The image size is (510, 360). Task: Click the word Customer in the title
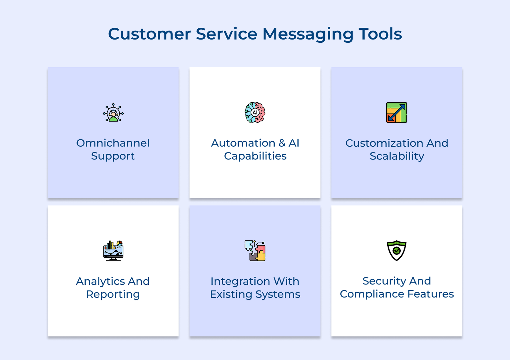(x=149, y=34)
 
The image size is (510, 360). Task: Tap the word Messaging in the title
(x=308, y=34)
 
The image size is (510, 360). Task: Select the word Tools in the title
(x=380, y=34)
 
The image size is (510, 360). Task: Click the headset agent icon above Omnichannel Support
(x=113, y=113)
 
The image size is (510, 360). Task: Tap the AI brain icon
(x=255, y=113)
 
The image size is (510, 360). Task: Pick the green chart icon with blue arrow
(x=397, y=113)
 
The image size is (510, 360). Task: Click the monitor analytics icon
(x=113, y=251)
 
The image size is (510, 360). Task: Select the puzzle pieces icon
(x=255, y=251)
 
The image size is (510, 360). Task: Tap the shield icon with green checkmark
(x=397, y=251)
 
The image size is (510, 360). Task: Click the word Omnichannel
(x=113, y=143)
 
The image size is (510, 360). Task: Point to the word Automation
(x=243, y=143)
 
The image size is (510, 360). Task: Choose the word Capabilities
(x=255, y=156)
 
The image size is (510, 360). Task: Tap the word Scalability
(x=397, y=156)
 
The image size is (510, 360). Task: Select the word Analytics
(x=100, y=281)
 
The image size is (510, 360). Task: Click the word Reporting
(x=113, y=294)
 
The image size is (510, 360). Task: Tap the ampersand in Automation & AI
(x=282, y=143)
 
